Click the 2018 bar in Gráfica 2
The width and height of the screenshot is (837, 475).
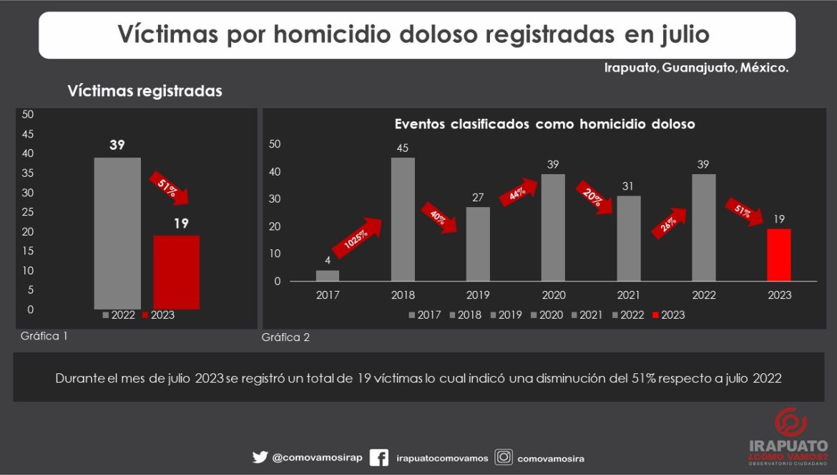point(403,219)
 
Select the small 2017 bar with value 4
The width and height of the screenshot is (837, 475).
point(328,275)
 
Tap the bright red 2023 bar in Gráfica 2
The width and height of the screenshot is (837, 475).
point(779,254)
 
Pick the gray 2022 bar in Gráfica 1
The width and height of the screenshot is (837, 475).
point(117,233)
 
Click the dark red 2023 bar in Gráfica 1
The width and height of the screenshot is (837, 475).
point(176,272)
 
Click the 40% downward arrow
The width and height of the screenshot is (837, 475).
point(439,218)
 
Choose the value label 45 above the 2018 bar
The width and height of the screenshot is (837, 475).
point(403,148)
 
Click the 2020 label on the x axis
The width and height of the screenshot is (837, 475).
point(553,294)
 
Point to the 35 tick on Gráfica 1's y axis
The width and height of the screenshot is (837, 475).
point(28,173)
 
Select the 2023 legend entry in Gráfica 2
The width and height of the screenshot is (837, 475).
point(668,315)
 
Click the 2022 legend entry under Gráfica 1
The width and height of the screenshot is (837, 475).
point(119,315)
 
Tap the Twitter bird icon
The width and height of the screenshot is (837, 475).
point(260,457)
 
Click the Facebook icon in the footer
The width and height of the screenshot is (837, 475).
point(379,458)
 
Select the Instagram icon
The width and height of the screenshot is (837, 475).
point(504,457)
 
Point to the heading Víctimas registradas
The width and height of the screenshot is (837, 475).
point(145,91)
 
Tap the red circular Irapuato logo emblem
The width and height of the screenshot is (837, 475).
point(790,423)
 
